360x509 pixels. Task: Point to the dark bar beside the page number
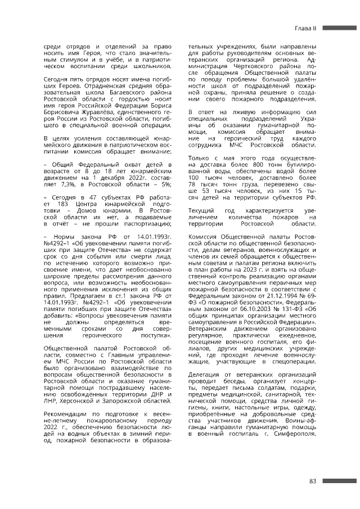[x=340, y=481]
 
